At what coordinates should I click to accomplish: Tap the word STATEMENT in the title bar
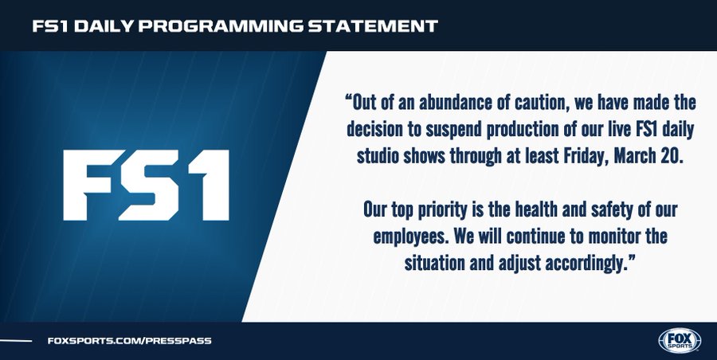point(374,26)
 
